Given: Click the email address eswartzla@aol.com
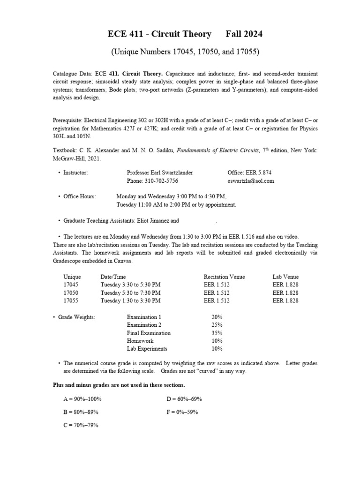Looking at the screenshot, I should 251,181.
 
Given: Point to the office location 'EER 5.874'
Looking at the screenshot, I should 249,173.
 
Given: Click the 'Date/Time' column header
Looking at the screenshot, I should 113,277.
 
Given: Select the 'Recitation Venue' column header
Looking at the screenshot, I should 224,277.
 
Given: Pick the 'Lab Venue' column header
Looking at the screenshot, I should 285,277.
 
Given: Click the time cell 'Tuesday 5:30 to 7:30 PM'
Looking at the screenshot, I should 130,293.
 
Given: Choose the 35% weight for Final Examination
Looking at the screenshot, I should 217,333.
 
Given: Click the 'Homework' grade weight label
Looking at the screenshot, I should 140,341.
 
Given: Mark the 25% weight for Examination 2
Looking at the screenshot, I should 217,325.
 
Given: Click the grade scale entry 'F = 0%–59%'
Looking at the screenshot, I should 182,412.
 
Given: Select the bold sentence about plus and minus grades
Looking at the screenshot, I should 119,385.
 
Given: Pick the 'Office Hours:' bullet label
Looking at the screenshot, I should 80,197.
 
